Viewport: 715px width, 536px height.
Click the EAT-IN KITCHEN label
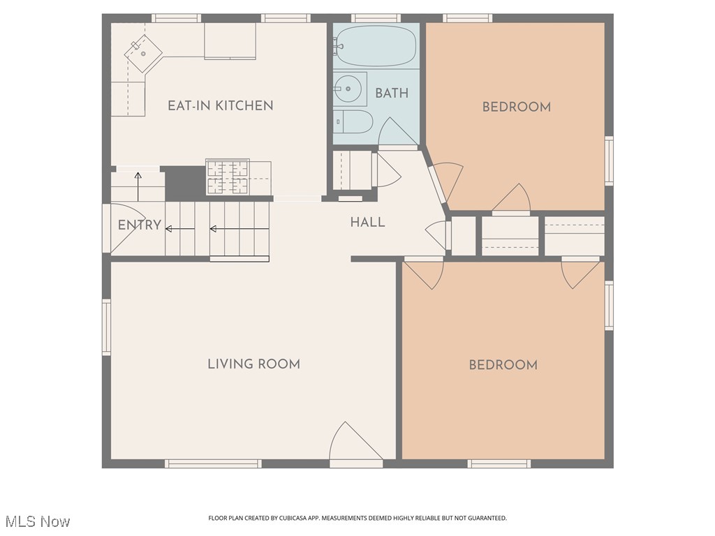(x=220, y=106)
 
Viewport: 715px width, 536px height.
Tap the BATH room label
(x=392, y=93)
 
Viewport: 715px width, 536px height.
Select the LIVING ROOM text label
(x=253, y=364)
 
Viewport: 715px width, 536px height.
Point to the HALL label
(x=367, y=223)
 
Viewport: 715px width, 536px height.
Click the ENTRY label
(x=139, y=225)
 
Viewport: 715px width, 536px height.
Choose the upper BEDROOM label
(x=516, y=107)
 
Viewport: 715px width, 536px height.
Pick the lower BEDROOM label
(x=503, y=365)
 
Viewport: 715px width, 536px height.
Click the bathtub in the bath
(x=376, y=46)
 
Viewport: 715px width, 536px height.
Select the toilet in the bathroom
(x=353, y=122)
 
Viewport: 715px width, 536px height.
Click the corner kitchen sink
(x=143, y=53)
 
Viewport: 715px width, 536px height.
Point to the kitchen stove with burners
(x=228, y=177)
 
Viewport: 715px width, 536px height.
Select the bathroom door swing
(x=396, y=133)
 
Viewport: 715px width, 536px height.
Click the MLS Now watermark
(x=38, y=521)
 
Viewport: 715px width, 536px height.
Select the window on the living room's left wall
(x=107, y=327)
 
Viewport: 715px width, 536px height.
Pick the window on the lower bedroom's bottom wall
(x=499, y=463)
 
